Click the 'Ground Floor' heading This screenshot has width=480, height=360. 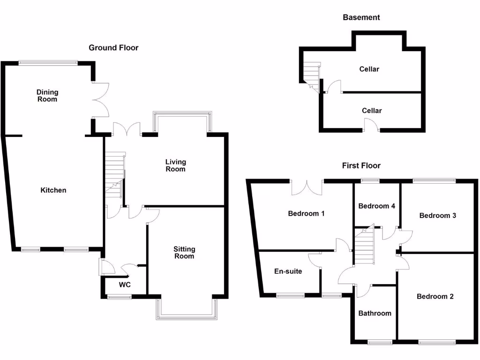coord(113,47)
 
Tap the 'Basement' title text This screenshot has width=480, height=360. coord(361,17)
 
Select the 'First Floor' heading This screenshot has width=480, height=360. coord(361,165)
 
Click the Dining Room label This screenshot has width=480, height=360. coord(47,96)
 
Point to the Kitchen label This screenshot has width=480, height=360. coord(53,190)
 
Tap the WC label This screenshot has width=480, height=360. coord(125,285)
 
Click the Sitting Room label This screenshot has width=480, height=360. coord(184,253)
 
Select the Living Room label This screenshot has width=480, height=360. coord(175,165)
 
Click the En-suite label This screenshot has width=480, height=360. coord(288,271)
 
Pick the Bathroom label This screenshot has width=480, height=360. coord(375,313)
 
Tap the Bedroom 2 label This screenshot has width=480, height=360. coord(435,296)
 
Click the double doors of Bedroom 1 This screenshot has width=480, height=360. coord(307,187)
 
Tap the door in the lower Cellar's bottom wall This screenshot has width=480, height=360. coord(372,126)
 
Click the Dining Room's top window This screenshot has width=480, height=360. coord(47,62)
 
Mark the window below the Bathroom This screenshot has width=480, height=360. coord(380,343)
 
